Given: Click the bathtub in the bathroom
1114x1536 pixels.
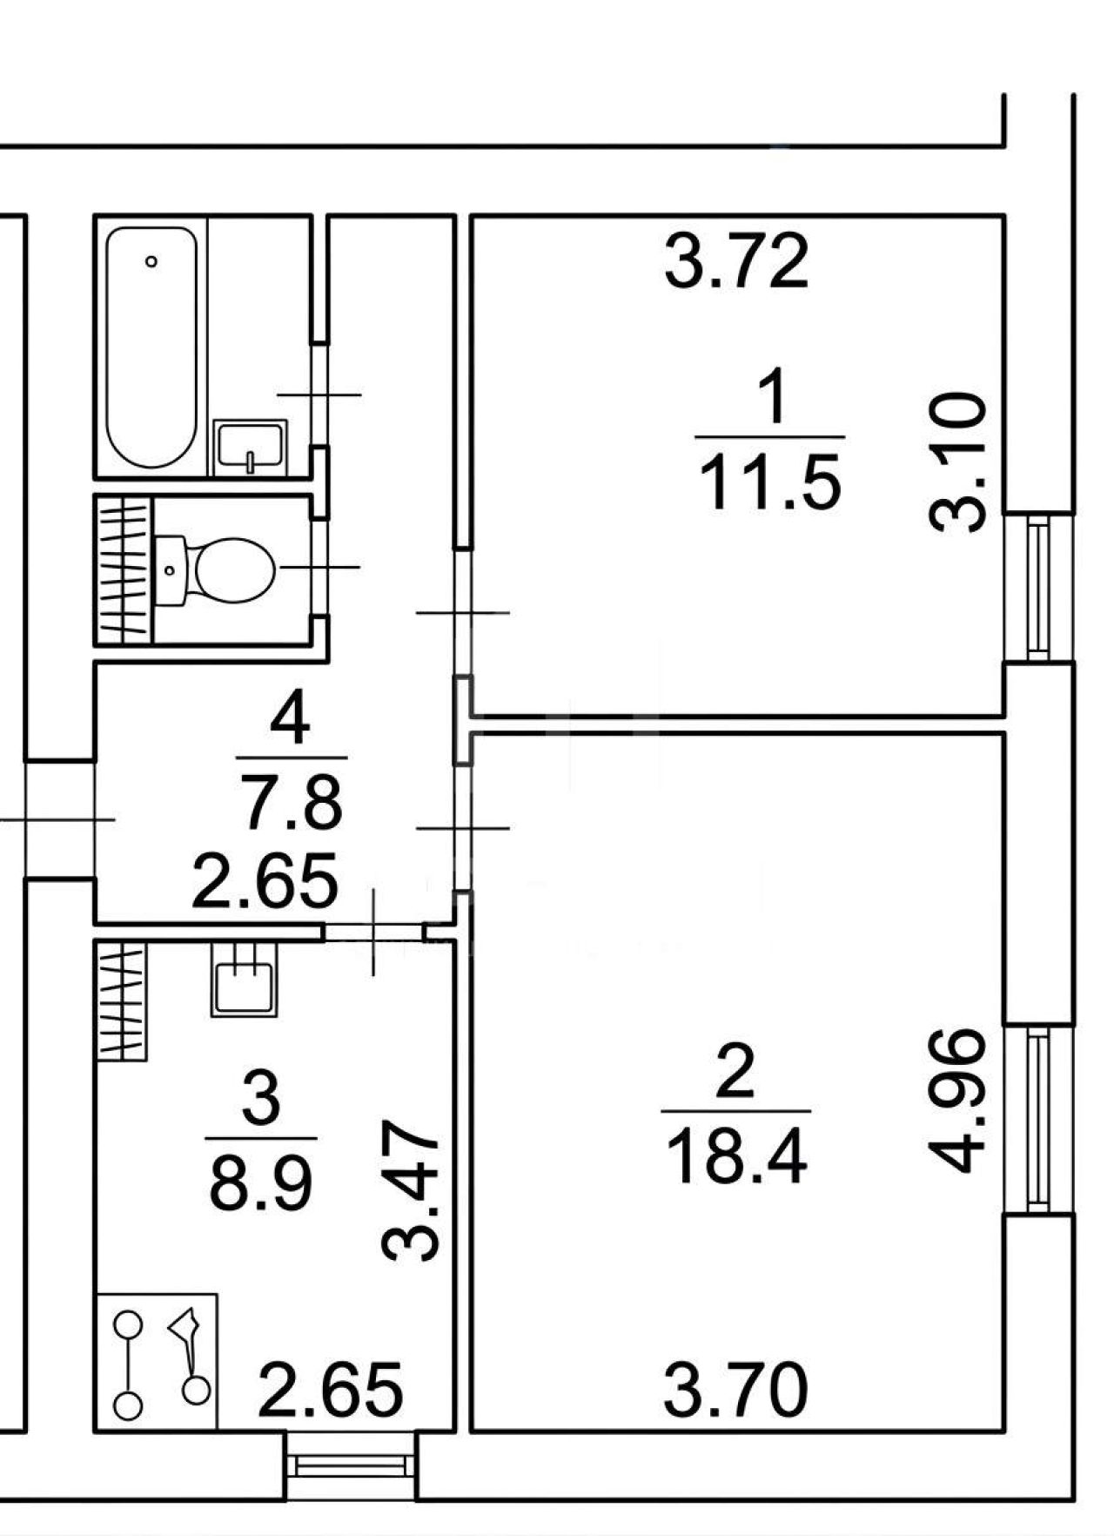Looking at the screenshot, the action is click(151, 347).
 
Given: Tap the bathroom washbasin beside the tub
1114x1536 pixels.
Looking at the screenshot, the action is click(251, 447).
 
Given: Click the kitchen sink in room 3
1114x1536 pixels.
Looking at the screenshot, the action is click(244, 979).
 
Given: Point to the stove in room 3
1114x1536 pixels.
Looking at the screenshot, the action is click(156, 1361).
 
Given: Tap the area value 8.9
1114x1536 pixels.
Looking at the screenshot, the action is click(261, 1182).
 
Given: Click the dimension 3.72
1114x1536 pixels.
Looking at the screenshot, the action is click(736, 261).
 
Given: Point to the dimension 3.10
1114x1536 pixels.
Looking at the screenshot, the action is click(957, 461).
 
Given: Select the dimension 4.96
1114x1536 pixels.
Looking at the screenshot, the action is click(957, 1100).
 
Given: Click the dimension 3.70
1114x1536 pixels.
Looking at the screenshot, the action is click(735, 1391).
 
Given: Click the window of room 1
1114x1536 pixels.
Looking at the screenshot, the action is click(1038, 587).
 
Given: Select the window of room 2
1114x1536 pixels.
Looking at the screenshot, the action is click(1038, 1119).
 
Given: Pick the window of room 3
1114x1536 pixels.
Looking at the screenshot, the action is click(352, 1465).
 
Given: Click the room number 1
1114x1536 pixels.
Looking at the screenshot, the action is click(772, 396).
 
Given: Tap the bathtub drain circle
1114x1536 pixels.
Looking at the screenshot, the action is click(152, 261).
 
